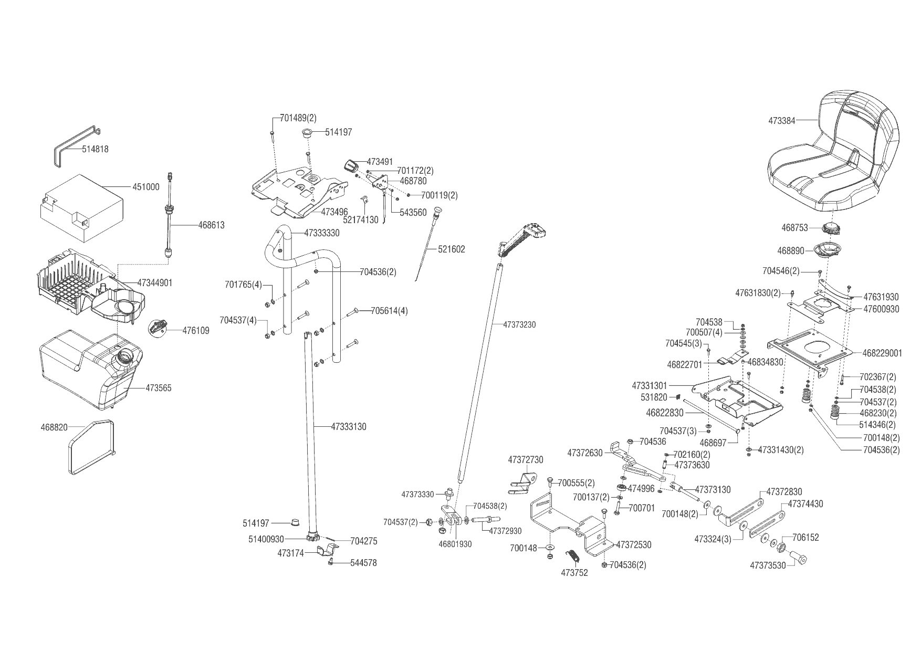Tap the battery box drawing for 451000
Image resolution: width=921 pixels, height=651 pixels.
81,210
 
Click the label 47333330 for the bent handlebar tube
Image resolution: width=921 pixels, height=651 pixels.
322,233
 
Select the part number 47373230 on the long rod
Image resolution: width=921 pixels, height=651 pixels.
519,325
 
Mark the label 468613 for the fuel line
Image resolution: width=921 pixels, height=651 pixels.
211,225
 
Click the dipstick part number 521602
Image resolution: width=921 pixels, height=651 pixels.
452,249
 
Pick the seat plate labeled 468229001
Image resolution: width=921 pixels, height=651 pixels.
882,353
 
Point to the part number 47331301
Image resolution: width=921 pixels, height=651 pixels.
650,386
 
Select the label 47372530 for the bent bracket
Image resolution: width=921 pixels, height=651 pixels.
634,545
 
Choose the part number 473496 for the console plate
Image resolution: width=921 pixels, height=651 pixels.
334,212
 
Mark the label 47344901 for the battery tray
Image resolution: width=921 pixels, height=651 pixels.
155,283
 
